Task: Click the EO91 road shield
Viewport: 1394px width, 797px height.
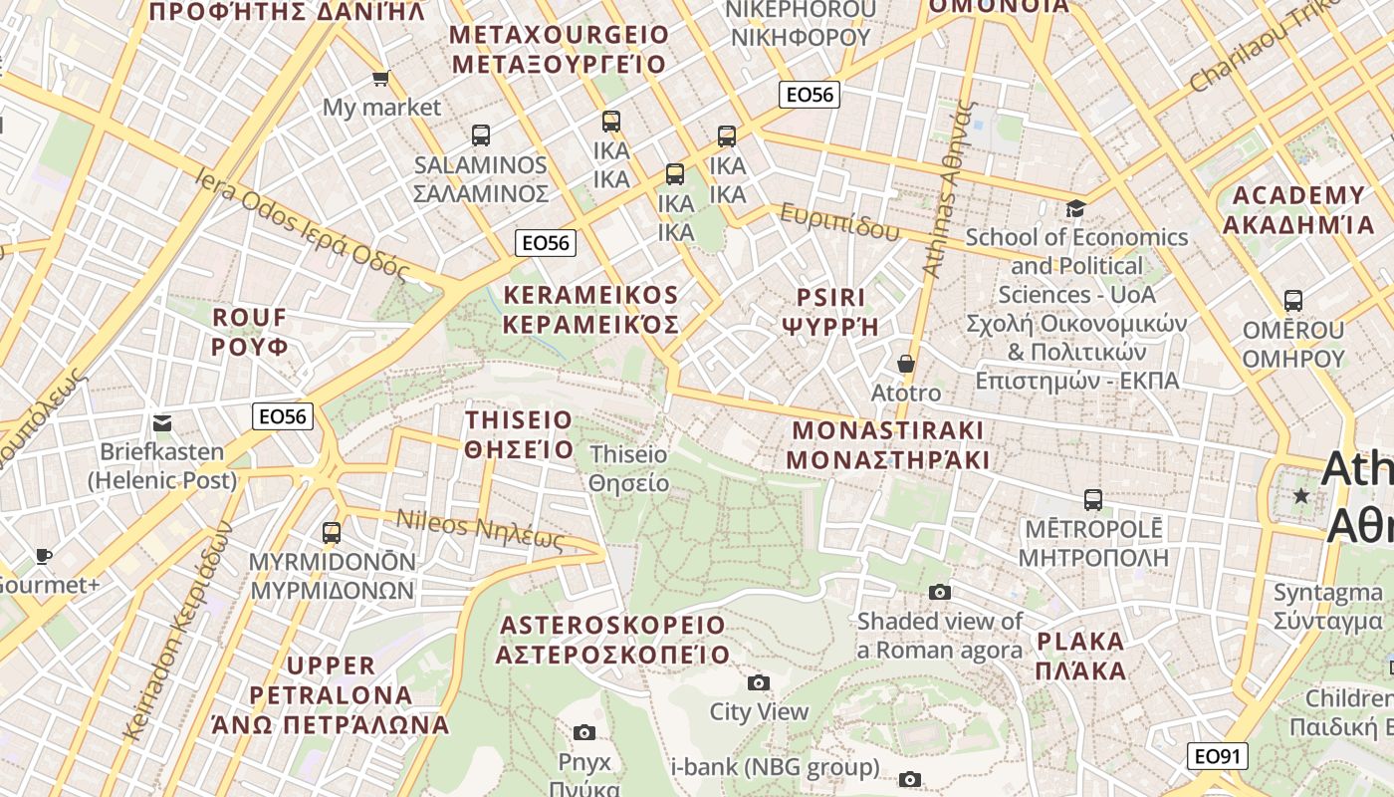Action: click(x=1217, y=756)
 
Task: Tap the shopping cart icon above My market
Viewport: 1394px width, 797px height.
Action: click(x=380, y=78)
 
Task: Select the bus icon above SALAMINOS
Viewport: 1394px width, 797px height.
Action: click(x=481, y=135)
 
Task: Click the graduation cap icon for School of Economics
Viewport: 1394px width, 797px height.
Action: click(x=1075, y=208)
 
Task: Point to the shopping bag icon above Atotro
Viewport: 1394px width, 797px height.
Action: click(x=906, y=364)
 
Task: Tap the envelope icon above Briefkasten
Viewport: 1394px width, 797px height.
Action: click(x=163, y=423)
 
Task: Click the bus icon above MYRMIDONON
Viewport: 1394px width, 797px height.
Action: click(x=332, y=532)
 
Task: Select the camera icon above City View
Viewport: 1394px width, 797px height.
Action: click(x=759, y=682)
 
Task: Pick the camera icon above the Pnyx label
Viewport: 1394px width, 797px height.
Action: click(x=584, y=733)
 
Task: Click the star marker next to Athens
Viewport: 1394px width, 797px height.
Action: click(x=1300, y=495)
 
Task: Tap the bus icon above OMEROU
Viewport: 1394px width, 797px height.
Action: click(x=1292, y=300)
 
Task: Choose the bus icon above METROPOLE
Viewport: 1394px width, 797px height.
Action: click(x=1092, y=499)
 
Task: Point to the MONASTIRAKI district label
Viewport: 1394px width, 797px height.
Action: click(x=887, y=444)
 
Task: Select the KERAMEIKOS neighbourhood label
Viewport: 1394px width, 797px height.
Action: click(x=591, y=310)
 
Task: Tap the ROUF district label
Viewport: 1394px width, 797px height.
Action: click(x=250, y=332)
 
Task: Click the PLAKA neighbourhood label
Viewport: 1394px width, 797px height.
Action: click(x=1080, y=655)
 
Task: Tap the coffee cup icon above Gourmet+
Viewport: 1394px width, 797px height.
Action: click(x=43, y=556)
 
